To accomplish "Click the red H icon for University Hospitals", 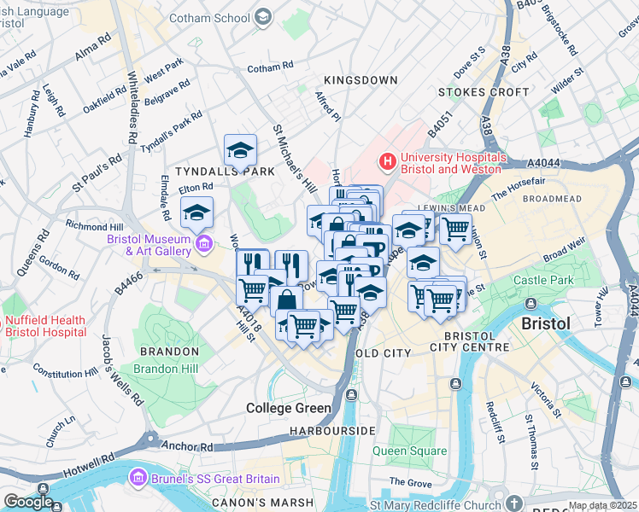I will [x=388, y=160].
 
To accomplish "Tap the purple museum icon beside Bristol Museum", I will [x=203, y=246].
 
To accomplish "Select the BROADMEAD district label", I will [x=551, y=199].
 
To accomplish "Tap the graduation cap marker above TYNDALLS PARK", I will [x=241, y=150].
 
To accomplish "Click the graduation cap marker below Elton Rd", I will [x=197, y=212].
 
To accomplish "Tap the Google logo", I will [x=28, y=502].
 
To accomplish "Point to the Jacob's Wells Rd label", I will [x=120, y=368].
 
